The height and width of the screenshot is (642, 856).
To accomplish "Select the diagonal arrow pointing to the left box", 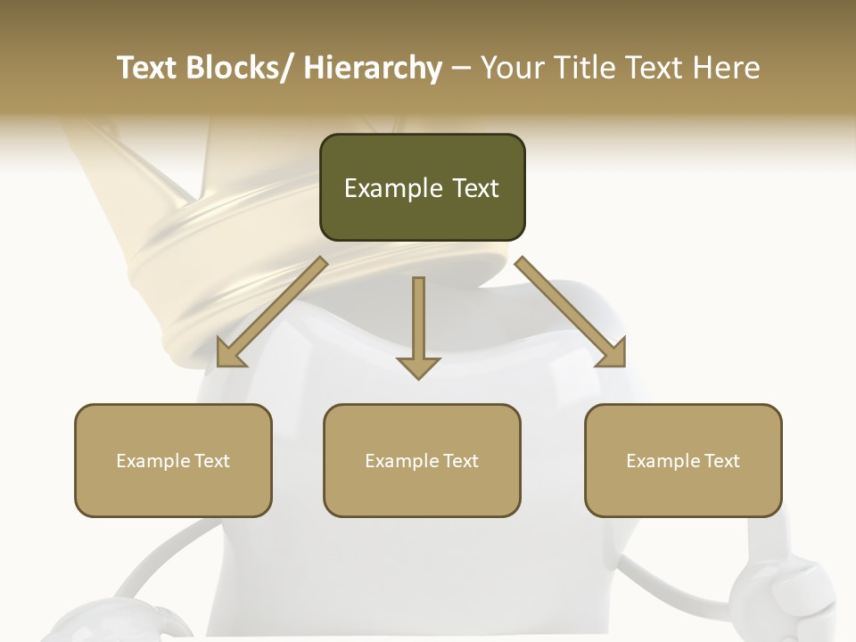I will coord(272,312).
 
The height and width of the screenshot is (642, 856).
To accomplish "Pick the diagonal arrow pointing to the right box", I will coord(571,312).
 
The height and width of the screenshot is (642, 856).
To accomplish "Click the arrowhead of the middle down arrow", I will coord(418,367).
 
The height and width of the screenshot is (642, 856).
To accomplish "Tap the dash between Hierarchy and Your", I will coord(461,69).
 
